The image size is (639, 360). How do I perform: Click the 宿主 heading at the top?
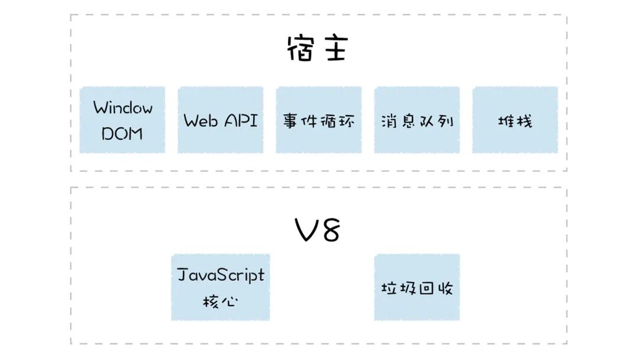317,49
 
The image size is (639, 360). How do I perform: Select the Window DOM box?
122,120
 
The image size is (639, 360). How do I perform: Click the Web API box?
221,120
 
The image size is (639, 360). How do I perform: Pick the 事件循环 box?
319,120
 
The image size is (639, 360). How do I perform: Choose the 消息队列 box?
417,120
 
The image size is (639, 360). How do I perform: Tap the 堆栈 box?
515,120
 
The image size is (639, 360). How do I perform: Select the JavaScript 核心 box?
221,287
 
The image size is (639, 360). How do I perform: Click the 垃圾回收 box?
417,287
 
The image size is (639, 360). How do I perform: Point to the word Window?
122,108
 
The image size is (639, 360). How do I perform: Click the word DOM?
122,133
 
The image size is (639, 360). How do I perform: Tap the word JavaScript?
221,275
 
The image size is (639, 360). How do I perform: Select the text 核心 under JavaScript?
220,301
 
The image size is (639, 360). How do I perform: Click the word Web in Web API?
201,121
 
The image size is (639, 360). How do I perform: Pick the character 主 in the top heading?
335,49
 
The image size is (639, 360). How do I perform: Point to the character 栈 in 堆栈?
524,121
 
